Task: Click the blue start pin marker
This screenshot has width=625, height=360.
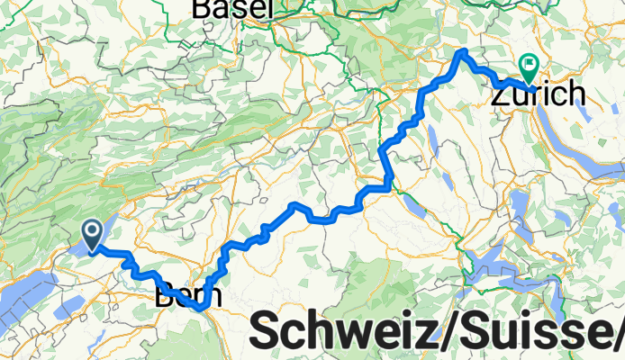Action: (x=93, y=234)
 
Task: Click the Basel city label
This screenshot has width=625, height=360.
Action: (x=232, y=8)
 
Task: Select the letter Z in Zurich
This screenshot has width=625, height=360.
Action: (x=502, y=93)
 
